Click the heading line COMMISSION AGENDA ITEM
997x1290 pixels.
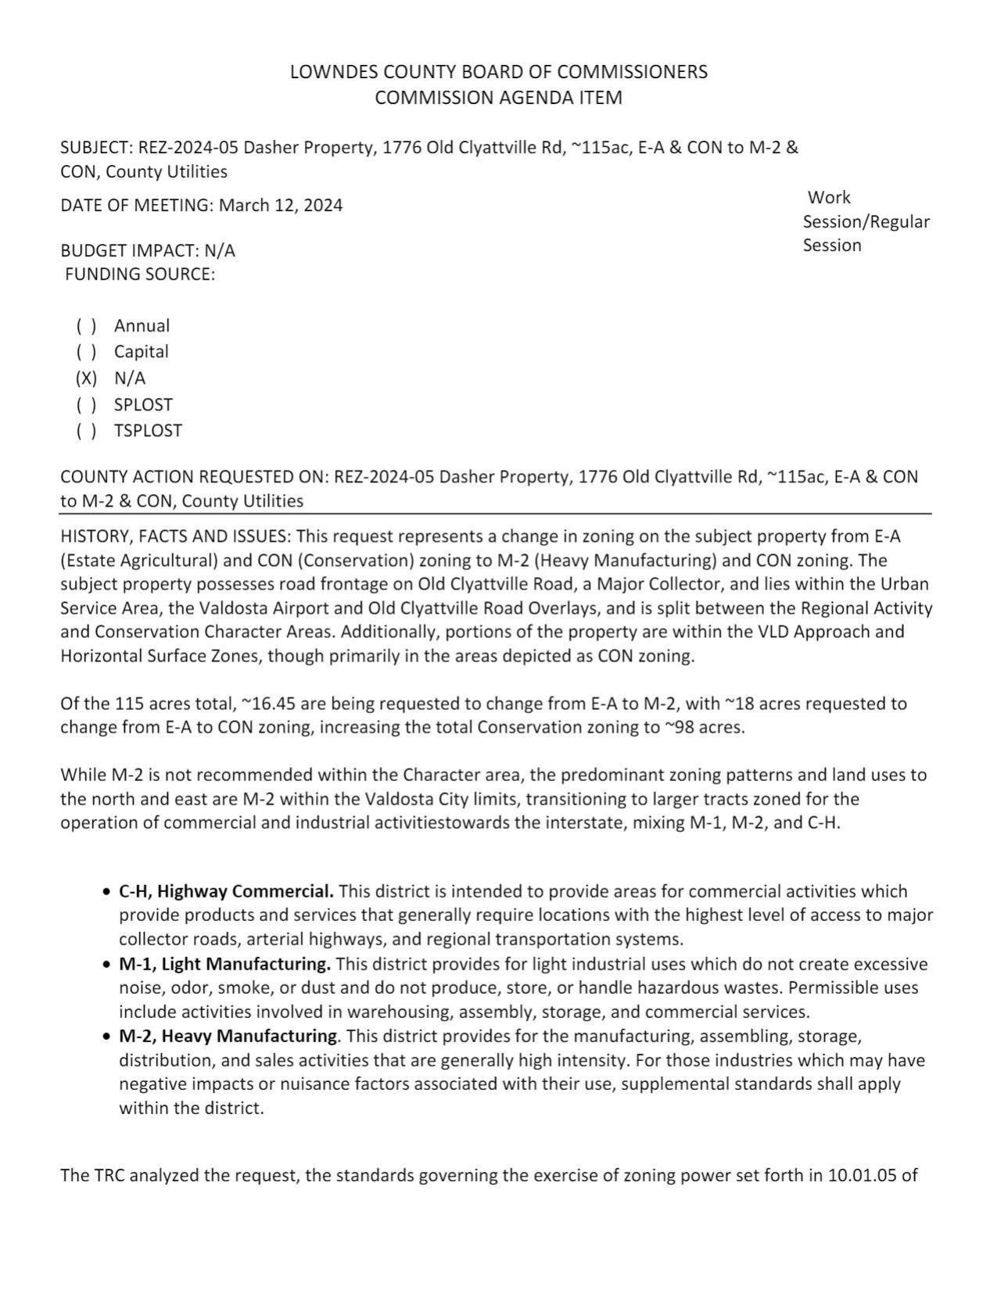coord(498,98)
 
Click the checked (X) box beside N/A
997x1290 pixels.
coord(86,378)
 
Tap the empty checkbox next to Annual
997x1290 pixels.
coord(86,326)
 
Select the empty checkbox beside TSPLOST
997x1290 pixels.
coord(86,431)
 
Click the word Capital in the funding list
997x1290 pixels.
coord(141,352)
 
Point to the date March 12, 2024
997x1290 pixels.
coord(281,206)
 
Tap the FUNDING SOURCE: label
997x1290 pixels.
coord(140,274)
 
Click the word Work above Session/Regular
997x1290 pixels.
coord(829,198)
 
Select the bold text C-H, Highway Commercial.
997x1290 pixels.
coord(226,892)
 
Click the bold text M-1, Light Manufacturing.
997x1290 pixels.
coord(224,964)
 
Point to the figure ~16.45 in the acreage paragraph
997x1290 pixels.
coord(271,704)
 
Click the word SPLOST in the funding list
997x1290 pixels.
coord(143,405)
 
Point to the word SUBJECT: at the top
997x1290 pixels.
coord(96,149)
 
